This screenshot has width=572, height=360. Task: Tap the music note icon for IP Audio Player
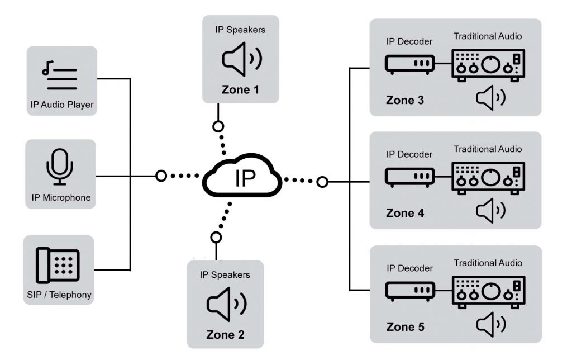point(59,77)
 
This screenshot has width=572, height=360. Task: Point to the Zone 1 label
point(240,89)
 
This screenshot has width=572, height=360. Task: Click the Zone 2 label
point(225,335)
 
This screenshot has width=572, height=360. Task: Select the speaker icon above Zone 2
point(226,304)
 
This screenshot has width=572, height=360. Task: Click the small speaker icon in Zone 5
point(490,324)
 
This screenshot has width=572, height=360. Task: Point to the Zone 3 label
point(405,101)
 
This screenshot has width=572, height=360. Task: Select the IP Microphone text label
point(61,197)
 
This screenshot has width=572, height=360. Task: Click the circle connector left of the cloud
point(161,176)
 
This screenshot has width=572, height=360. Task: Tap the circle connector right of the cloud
point(322,181)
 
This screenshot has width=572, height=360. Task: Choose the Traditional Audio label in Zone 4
point(487,149)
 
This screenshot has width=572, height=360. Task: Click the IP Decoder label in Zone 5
point(409,268)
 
